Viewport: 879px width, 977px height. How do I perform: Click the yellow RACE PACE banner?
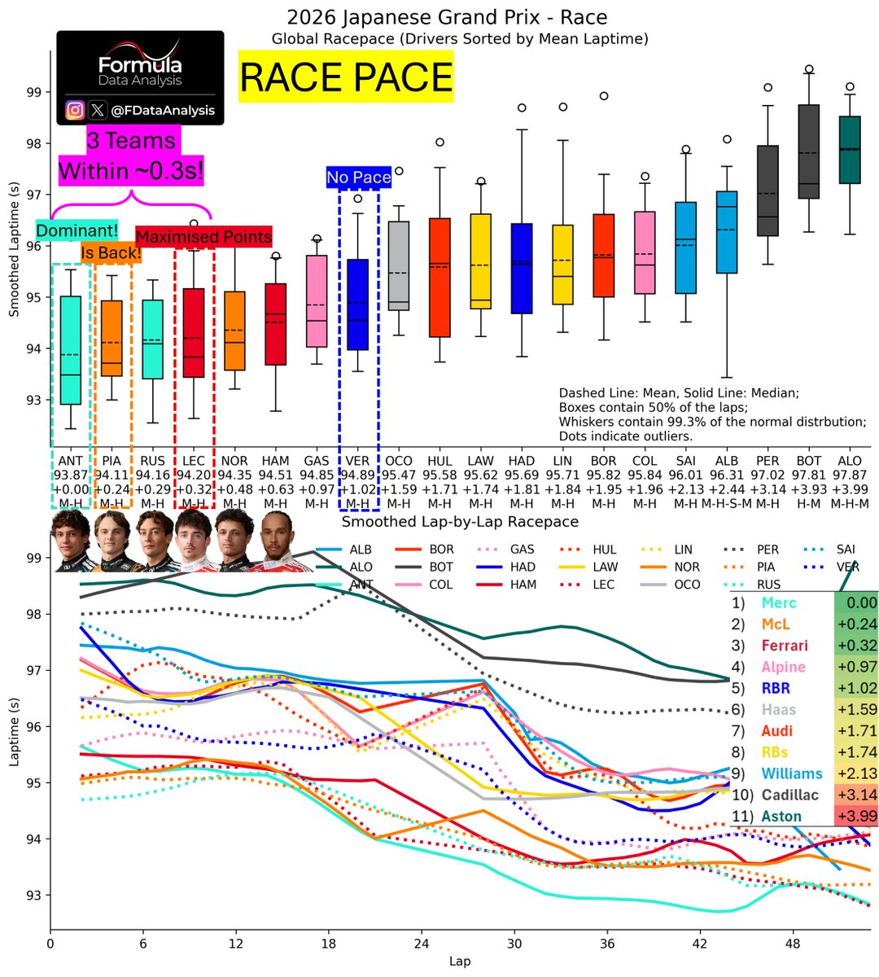tap(346, 77)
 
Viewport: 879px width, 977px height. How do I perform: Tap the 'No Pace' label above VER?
tap(359, 177)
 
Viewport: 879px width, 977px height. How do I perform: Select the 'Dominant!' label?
tap(77, 230)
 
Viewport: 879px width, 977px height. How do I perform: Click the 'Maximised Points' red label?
tap(203, 237)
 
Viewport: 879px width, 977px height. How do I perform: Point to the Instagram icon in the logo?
tap(75, 110)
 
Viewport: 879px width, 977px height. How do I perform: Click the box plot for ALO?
tap(850, 150)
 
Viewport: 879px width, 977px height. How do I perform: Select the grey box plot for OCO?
tap(399, 265)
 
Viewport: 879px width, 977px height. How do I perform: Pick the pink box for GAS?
tap(317, 301)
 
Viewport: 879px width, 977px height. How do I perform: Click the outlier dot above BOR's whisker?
tap(604, 96)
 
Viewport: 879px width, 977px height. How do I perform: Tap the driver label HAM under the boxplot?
tap(275, 461)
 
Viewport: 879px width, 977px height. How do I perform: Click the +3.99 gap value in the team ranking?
tap(856, 816)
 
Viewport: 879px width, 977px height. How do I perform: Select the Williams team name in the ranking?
tap(792, 773)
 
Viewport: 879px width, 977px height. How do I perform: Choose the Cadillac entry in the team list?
tap(792, 795)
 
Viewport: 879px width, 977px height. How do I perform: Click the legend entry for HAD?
tap(523, 567)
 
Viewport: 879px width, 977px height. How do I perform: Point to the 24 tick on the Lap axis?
tap(421, 945)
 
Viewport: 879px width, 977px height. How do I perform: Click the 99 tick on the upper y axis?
tap(35, 92)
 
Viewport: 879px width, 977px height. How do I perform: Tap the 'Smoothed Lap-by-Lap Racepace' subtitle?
tap(460, 522)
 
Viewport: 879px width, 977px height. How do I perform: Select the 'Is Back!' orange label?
tap(111, 253)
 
